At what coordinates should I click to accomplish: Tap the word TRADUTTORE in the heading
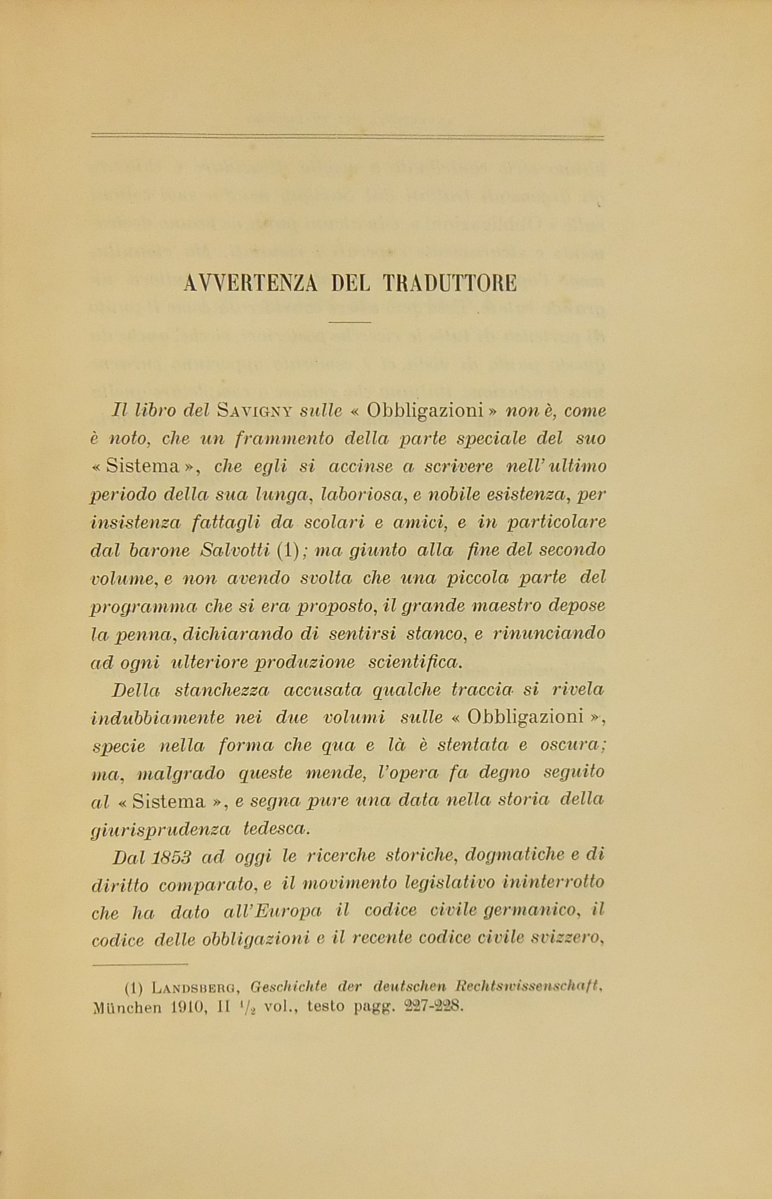coord(450,284)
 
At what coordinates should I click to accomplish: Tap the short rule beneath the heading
coord(350,322)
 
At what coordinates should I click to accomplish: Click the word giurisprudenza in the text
coord(160,830)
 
